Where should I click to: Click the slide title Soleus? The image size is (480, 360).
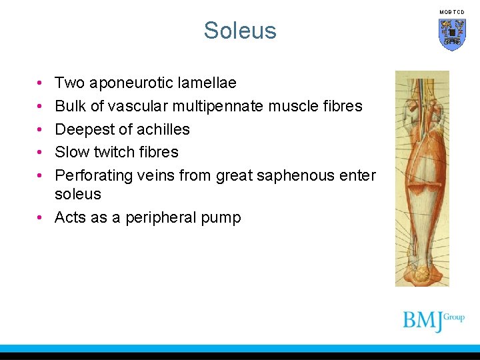pyautogui.click(x=240, y=31)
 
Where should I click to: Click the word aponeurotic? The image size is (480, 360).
pyautogui.click(x=133, y=83)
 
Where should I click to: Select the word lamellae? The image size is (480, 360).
pyautogui.click(x=207, y=83)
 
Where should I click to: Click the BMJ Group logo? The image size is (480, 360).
pyautogui.click(x=433, y=320)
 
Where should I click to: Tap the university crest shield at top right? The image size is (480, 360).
pyautogui.click(x=451, y=34)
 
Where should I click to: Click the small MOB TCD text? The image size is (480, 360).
pyautogui.click(x=451, y=12)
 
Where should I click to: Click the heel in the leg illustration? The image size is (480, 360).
pyautogui.click(x=423, y=274)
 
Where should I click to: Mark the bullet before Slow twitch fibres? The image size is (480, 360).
pyautogui.click(x=41, y=152)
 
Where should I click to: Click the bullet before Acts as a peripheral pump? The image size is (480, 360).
pyautogui.click(x=41, y=218)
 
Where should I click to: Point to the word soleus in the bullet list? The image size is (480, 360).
pyautogui.click(x=78, y=195)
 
